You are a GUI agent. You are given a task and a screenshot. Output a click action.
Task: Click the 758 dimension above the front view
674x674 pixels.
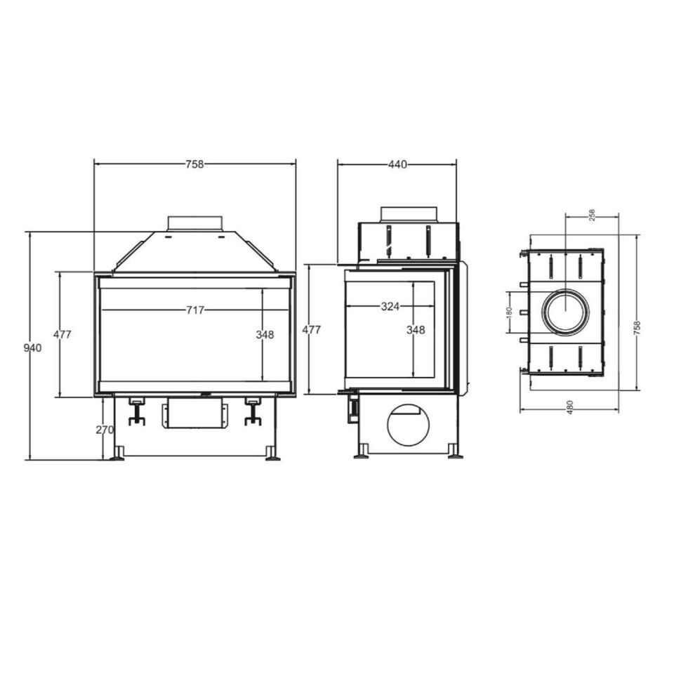[x=194, y=164]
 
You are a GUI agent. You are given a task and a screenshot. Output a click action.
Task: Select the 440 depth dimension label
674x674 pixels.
[x=397, y=164]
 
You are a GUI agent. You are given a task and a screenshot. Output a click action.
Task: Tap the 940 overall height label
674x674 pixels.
[x=33, y=348]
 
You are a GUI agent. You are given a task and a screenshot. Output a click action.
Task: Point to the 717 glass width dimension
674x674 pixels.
[x=195, y=310]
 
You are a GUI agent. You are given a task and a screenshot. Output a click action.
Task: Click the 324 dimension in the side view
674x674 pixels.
[x=390, y=307]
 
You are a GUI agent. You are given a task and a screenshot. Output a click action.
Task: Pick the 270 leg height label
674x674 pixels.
[x=105, y=430]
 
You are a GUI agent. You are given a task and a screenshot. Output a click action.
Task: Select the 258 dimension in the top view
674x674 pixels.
[x=592, y=215]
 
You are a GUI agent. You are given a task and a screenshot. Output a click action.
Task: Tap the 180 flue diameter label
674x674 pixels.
[x=510, y=312]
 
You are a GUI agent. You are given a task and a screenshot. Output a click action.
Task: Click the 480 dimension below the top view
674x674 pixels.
[x=570, y=407]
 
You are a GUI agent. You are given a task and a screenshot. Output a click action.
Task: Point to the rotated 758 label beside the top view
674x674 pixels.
[x=637, y=328]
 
